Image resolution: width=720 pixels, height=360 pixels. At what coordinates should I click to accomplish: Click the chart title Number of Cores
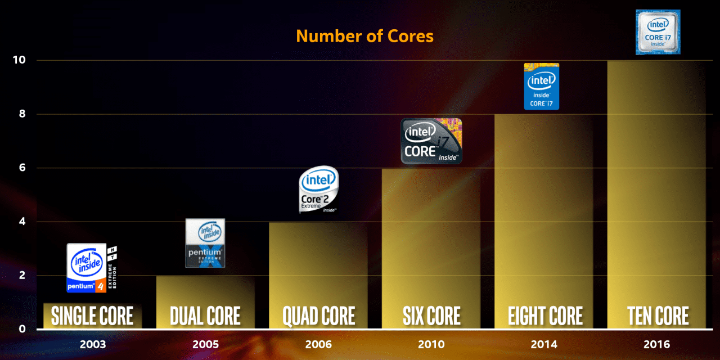tap(364, 36)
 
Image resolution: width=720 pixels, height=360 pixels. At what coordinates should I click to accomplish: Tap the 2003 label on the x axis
tap(92, 344)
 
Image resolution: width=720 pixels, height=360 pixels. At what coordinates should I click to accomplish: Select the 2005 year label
tap(205, 344)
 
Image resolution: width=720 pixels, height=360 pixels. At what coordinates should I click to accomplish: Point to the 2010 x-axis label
tap(431, 344)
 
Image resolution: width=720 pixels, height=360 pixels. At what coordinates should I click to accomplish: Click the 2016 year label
tap(658, 344)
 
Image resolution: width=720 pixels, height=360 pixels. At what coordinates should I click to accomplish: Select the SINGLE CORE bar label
tap(92, 316)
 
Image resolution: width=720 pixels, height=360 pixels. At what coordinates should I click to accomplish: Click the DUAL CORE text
tap(205, 316)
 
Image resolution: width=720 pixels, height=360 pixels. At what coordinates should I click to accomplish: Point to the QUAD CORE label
tap(318, 316)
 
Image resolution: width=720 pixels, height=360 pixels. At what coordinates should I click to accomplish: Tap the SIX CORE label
tap(431, 316)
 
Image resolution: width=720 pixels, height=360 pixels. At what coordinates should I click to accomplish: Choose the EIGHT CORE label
tap(544, 316)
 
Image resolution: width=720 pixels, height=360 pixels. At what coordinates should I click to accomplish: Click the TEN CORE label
tap(658, 316)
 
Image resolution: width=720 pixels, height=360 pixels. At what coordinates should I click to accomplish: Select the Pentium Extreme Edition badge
tap(205, 243)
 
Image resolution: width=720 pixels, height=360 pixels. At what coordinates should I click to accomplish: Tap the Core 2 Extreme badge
tap(318, 190)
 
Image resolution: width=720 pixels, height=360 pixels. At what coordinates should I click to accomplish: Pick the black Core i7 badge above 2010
tap(431, 141)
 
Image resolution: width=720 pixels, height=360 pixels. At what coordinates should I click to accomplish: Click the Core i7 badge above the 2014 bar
tap(542, 86)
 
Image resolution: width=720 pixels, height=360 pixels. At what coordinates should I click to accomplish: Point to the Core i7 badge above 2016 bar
tap(658, 32)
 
